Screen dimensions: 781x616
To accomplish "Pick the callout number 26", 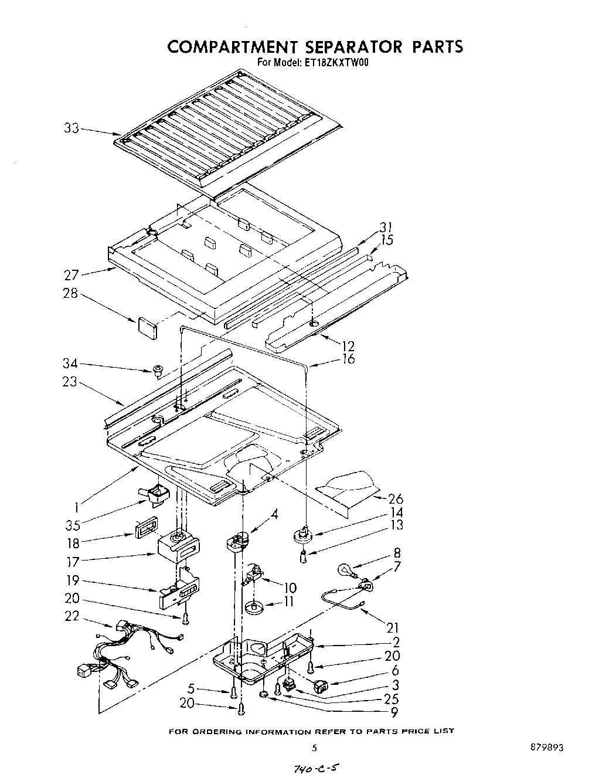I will coord(396,499).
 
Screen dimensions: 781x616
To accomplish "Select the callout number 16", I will coord(348,358).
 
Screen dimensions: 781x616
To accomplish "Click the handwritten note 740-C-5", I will coord(309,769).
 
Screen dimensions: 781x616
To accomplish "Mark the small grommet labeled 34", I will coord(156,369).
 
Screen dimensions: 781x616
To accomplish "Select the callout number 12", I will coord(348,345).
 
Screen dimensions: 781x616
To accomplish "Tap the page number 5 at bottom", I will coord(315,748).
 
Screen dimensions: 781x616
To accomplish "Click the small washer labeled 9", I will coord(264,694).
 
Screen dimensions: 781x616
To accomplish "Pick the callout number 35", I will coord(72,522).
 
